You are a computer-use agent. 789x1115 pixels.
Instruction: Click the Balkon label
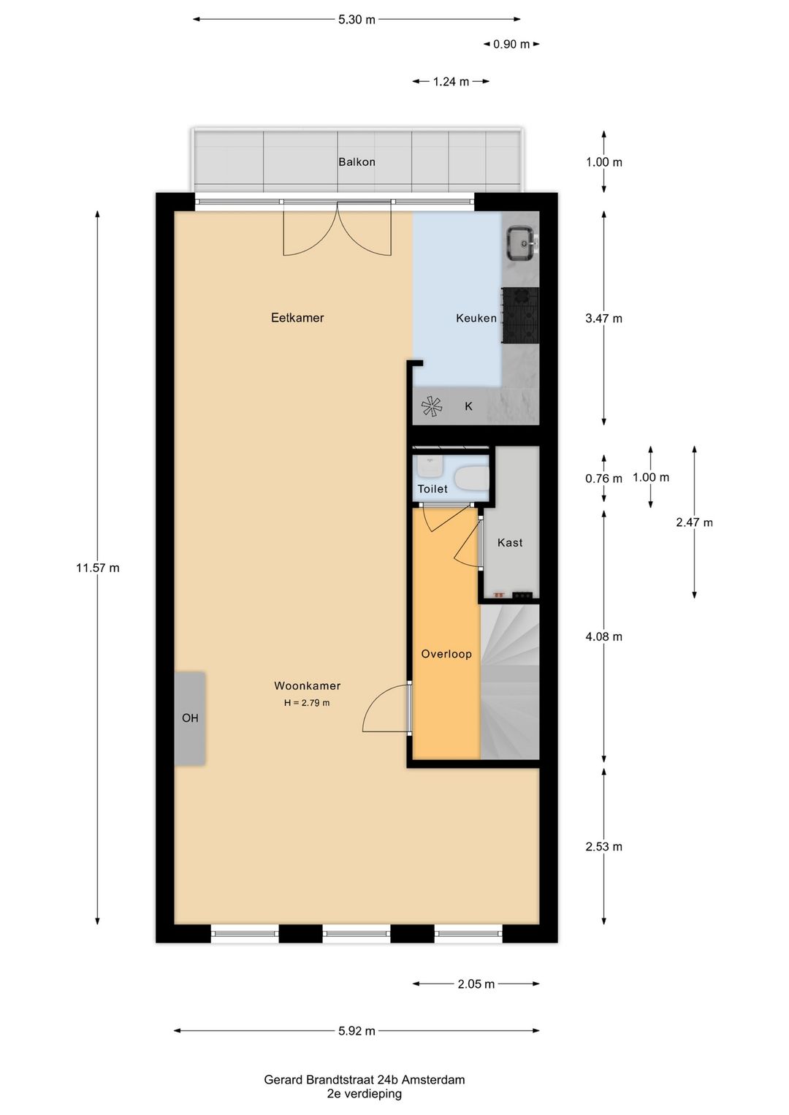(357, 161)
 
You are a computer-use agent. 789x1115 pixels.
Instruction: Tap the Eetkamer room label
(297, 318)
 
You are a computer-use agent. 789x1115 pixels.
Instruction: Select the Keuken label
(476, 318)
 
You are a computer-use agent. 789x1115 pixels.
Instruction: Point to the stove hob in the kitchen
(520, 316)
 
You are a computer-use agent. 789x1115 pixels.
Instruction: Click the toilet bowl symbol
(472, 479)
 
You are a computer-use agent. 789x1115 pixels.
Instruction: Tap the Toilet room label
(432, 489)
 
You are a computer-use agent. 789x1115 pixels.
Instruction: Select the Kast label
(510, 543)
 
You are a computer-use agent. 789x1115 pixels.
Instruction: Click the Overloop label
(446, 653)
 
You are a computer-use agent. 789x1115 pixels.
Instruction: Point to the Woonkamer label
(307, 685)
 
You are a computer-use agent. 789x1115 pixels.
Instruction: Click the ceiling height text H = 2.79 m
(307, 703)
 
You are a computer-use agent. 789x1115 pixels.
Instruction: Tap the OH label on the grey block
(190, 718)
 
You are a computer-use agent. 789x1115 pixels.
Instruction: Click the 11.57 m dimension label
(98, 568)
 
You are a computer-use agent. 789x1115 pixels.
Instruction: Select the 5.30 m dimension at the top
(357, 20)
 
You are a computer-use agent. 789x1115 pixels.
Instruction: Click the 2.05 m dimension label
(476, 984)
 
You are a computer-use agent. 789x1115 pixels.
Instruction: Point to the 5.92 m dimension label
(357, 1031)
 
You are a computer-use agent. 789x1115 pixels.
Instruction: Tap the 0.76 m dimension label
(604, 479)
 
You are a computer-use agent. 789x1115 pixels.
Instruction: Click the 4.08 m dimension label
(604, 636)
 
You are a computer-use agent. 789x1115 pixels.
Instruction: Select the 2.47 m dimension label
(694, 522)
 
